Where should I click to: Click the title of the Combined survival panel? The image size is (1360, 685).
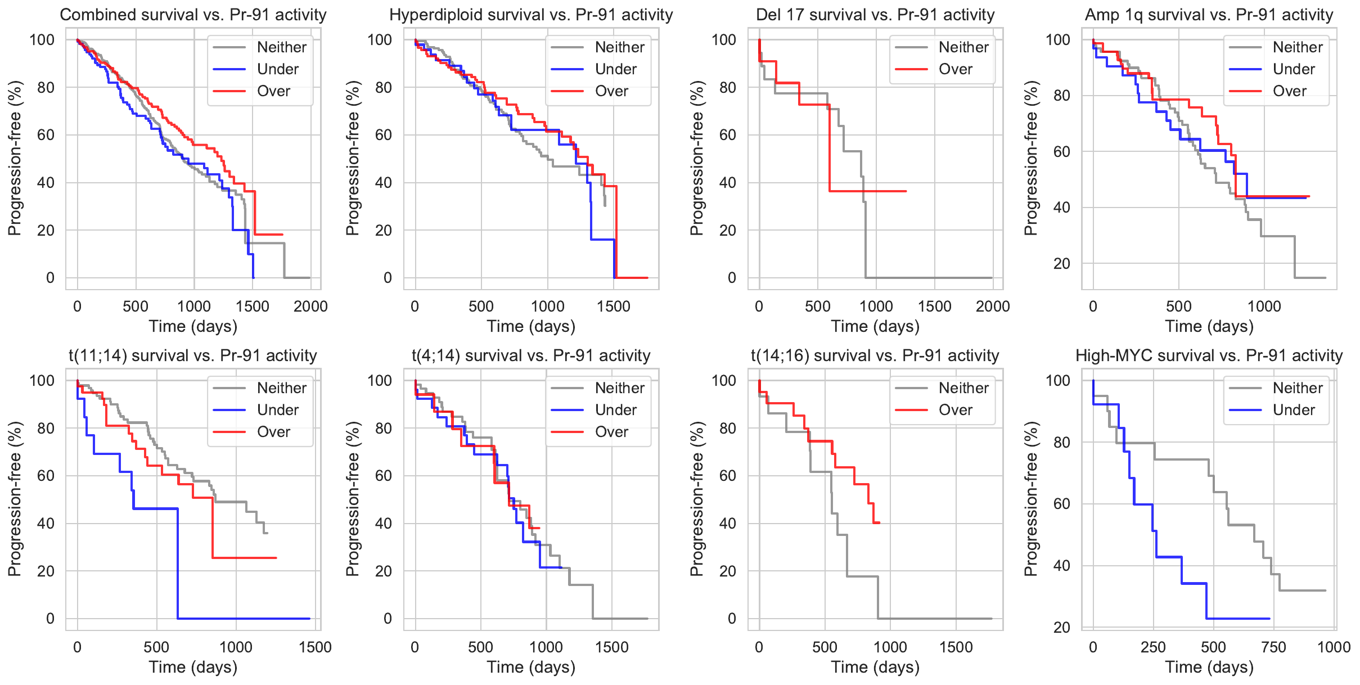(x=193, y=15)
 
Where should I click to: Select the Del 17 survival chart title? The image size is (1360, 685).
(x=875, y=15)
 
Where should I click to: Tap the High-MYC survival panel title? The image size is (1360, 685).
(x=1209, y=355)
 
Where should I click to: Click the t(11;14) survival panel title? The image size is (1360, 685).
(x=193, y=355)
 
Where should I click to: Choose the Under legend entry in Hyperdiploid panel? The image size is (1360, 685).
(x=615, y=69)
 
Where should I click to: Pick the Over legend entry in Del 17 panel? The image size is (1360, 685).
(x=955, y=69)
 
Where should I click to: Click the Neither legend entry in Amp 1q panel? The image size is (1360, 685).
(x=1298, y=47)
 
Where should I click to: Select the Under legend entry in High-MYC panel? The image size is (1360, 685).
(x=1294, y=410)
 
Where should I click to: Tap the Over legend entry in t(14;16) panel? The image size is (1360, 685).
(x=955, y=410)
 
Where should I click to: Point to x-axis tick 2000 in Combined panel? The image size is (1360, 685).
(x=310, y=307)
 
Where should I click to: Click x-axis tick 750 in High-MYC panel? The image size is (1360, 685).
(x=1273, y=647)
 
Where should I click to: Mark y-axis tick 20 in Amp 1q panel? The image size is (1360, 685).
(x=1061, y=264)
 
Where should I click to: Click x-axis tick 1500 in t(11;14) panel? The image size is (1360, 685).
(x=315, y=647)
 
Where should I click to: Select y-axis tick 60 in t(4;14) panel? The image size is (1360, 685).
(x=384, y=476)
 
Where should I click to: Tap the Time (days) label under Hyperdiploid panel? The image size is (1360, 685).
(x=531, y=326)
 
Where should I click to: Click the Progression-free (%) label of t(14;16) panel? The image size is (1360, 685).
(x=696, y=498)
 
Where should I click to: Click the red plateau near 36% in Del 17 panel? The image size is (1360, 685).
(x=866, y=191)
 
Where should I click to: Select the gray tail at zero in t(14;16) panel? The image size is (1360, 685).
(x=934, y=619)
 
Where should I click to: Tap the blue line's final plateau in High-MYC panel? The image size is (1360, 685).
(x=1237, y=619)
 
